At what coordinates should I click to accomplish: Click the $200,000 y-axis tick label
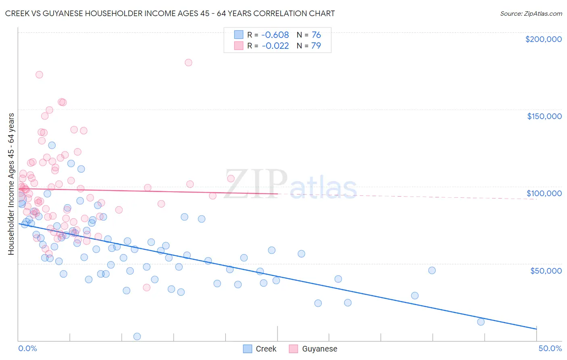tap(543, 39)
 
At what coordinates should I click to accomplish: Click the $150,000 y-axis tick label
tap(544, 116)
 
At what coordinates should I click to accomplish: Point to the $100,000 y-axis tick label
tap(544, 193)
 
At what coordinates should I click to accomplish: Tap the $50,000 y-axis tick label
tap(546, 270)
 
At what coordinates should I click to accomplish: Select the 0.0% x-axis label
tap(27, 348)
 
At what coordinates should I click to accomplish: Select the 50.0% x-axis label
tap(550, 348)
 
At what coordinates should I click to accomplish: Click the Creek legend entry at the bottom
tap(266, 349)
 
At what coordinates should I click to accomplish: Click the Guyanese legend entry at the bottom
tap(319, 349)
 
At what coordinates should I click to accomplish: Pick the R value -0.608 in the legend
tap(275, 35)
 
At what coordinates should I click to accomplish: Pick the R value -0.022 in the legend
tap(275, 46)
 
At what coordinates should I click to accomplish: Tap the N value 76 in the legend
tap(316, 35)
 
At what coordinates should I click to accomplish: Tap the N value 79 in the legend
tap(316, 46)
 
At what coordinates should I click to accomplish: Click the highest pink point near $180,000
tap(188, 63)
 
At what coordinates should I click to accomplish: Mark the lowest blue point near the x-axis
tap(137, 337)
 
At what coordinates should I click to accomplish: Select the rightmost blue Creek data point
tap(481, 322)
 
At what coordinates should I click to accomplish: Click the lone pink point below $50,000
tap(147, 287)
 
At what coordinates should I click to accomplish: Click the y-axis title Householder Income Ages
tap(11, 184)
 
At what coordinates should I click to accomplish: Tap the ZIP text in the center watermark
tap(255, 184)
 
